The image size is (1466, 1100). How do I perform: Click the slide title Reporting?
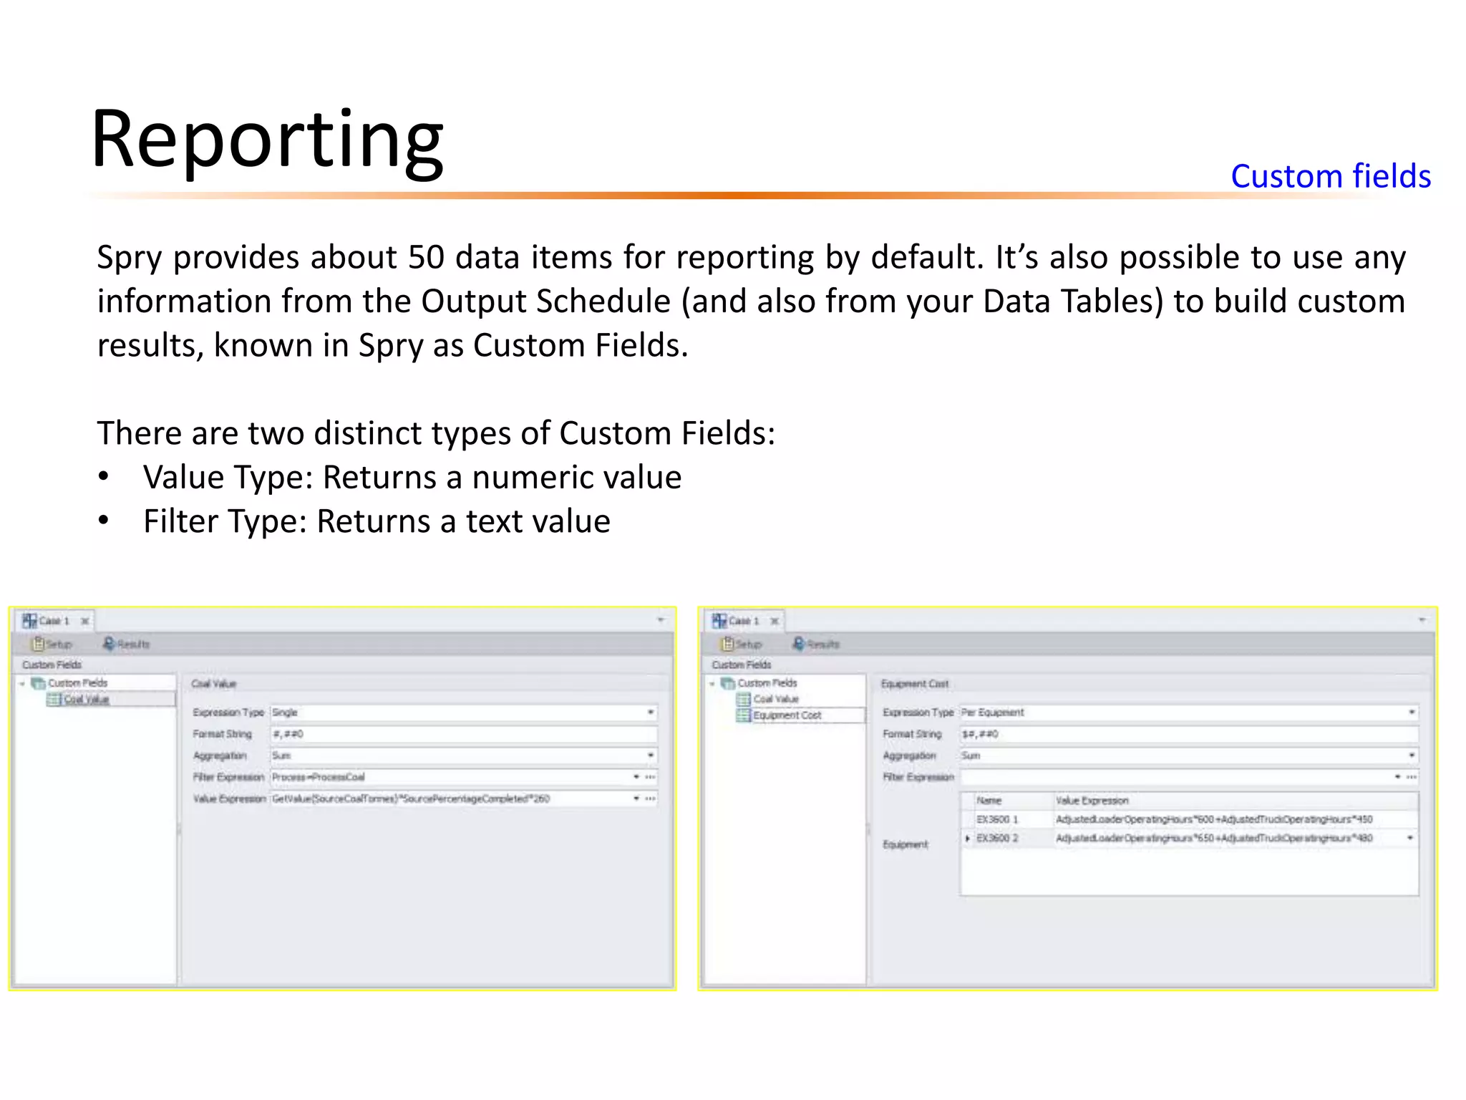tap(267, 139)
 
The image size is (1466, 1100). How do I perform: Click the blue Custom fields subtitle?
tap(1330, 176)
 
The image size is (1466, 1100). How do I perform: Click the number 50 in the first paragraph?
tap(426, 257)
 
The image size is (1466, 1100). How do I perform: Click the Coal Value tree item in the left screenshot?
tap(87, 700)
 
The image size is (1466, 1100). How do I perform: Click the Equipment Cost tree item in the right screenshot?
tap(787, 715)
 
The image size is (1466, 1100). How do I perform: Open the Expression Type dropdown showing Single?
tap(462, 713)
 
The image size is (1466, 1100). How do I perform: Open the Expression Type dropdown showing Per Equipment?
tap(1188, 713)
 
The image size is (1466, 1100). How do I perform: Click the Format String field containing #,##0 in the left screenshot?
tap(462, 734)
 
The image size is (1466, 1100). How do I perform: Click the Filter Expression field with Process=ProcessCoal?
tap(451, 777)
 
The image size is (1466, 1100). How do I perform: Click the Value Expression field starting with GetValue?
tap(451, 799)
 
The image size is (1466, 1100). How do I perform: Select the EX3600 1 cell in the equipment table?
tap(997, 819)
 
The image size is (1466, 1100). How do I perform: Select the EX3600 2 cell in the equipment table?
tap(997, 838)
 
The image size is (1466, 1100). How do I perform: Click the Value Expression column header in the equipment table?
tap(1092, 801)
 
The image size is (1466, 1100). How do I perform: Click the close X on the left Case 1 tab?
tap(85, 621)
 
